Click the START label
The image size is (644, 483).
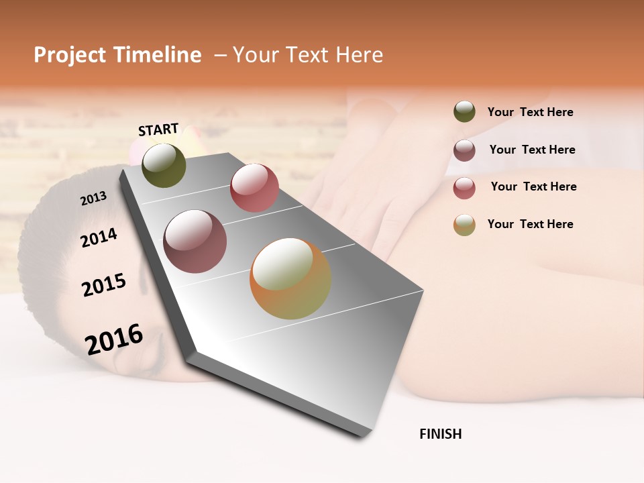[x=158, y=129]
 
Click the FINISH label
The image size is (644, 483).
[x=441, y=434]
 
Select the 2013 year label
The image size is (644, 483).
[x=93, y=199]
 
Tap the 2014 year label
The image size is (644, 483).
[x=99, y=237]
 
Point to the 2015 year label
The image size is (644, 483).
[x=104, y=284]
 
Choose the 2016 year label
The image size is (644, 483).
[x=114, y=339]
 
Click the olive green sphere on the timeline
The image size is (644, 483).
[x=164, y=166]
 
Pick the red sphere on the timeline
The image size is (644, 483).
[x=254, y=188]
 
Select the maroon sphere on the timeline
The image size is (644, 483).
[x=195, y=241]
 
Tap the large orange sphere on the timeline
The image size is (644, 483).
[x=290, y=278]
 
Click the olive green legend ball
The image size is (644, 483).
[x=464, y=112]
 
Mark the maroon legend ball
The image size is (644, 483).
[x=464, y=150]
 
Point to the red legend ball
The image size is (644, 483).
[x=464, y=188]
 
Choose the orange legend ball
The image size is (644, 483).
[x=464, y=225]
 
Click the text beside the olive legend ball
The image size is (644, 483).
[x=530, y=112]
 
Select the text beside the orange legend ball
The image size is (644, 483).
[x=530, y=224]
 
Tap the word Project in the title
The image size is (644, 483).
[x=70, y=55]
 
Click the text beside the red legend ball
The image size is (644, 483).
[x=533, y=186]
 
